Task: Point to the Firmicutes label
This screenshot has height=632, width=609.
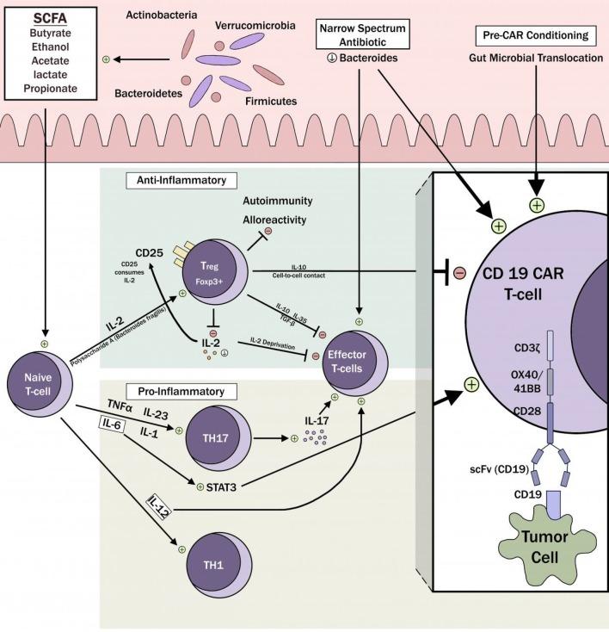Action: point(270,101)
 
